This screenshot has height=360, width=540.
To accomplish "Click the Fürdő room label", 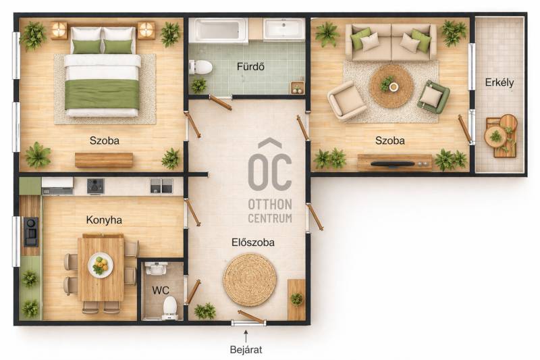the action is pyautogui.click(x=250, y=66).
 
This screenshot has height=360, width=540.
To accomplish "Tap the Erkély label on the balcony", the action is pyautogui.click(x=500, y=82).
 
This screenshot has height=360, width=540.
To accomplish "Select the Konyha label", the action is pyautogui.click(x=104, y=220).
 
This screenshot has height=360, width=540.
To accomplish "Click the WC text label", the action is pyautogui.click(x=161, y=290).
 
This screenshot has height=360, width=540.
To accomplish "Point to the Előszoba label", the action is pyautogui.click(x=253, y=242).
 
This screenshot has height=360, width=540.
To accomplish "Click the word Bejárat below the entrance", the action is pyautogui.click(x=246, y=350).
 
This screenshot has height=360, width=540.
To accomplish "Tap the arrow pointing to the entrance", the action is pyautogui.click(x=246, y=336).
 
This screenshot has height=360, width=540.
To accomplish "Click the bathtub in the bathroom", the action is pyautogui.click(x=217, y=30).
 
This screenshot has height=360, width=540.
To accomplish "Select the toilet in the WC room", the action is pyautogui.click(x=170, y=307).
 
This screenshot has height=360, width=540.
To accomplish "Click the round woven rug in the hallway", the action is pyautogui.click(x=249, y=280).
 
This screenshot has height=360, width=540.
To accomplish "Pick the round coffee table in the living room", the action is pyautogui.click(x=391, y=86).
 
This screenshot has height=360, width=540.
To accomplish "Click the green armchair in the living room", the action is pyautogui.click(x=433, y=97).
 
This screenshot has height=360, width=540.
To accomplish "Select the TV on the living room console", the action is pyautogui.click(x=393, y=163).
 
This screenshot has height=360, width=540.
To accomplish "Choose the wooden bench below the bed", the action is pyautogui.click(x=104, y=160).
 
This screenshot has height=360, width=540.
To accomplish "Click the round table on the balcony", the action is pyautogui.click(x=495, y=136).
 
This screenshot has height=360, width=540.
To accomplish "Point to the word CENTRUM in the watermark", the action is pyautogui.click(x=270, y=218).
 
